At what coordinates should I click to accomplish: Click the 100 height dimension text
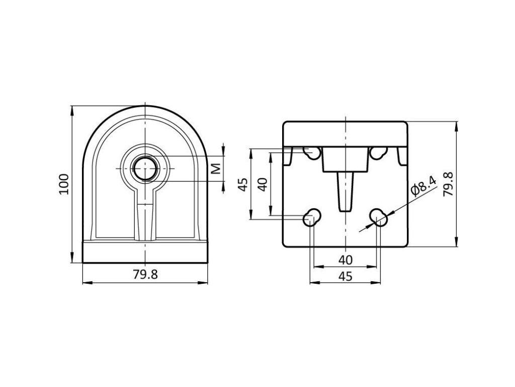[64, 184]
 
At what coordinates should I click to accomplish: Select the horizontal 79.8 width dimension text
[145, 275]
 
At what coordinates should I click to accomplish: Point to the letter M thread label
[216, 168]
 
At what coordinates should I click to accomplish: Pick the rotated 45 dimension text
[243, 184]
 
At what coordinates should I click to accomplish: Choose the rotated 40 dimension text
[262, 184]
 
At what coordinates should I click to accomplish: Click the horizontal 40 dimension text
[345, 260]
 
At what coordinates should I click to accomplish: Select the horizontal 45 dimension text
[345, 276]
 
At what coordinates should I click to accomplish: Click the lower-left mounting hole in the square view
[312, 217]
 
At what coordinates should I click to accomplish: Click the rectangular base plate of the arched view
[145, 252]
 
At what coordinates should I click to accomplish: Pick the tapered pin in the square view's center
[345, 191]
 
